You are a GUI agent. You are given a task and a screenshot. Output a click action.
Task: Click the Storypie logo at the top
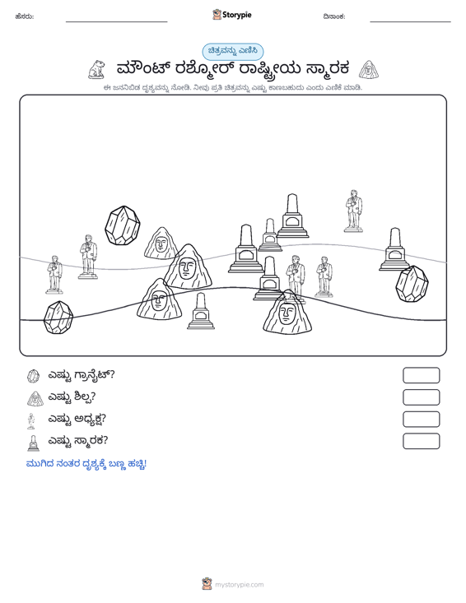pyautogui.click(x=232, y=15)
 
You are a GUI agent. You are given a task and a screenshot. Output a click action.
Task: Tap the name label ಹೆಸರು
pyautogui.click(x=25, y=16)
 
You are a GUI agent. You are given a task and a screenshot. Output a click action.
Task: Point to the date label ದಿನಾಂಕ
pyautogui.click(x=334, y=16)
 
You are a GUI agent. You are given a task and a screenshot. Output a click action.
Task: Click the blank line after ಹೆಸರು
pyautogui.click(x=117, y=21)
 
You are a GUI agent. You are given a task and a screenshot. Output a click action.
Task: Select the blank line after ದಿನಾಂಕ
pyautogui.click(x=410, y=21)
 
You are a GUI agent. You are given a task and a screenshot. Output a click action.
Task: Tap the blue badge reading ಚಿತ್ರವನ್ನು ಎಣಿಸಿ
pyautogui.click(x=233, y=52)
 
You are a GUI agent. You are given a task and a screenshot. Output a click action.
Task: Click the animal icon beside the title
pyautogui.click(x=96, y=70)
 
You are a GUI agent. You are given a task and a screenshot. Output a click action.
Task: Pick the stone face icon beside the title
pyautogui.click(x=369, y=70)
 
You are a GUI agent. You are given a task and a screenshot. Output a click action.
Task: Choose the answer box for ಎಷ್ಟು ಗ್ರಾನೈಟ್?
pyautogui.click(x=421, y=375)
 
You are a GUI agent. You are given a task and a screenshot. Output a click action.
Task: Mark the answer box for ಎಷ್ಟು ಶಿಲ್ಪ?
pyautogui.click(x=421, y=397)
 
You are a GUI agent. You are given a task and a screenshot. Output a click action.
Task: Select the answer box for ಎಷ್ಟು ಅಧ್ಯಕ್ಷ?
pyautogui.click(x=421, y=420)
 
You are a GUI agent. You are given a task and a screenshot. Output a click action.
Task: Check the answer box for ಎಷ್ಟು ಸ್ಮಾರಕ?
pyautogui.click(x=421, y=441)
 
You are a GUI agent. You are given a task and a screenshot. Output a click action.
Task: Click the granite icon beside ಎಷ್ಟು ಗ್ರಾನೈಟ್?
pyautogui.click(x=34, y=376)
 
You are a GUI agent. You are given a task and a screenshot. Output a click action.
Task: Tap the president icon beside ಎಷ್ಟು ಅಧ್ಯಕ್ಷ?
pyautogui.click(x=31, y=420)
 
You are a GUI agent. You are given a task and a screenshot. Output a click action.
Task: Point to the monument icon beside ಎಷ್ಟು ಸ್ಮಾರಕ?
pyautogui.click(x=34, y=443)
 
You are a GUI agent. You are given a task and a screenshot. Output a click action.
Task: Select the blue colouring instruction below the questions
pyautogui.click(x=86, y=464)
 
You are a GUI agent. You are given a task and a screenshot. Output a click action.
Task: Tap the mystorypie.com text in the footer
pyautogui.click(x=239, y=585)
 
